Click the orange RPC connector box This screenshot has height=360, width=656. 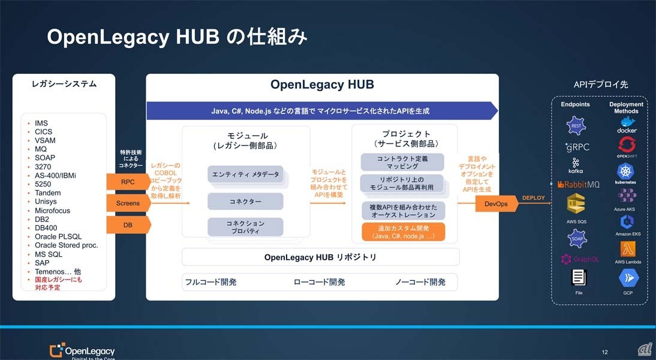127,181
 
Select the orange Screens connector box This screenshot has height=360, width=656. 127,203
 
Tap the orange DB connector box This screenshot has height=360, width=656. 127,225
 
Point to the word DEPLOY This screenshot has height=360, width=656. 533,197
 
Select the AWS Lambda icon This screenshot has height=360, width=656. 627,248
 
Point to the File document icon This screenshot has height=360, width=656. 578,278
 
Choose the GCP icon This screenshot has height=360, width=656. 628,278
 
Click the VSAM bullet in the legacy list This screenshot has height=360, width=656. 46,140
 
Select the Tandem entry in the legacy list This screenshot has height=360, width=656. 47,193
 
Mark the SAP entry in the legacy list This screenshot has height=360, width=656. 42,263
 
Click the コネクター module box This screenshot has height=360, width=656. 245,202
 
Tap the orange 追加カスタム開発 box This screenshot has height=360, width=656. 402,232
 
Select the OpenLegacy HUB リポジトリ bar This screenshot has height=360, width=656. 320,257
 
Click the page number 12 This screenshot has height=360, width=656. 604,352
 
